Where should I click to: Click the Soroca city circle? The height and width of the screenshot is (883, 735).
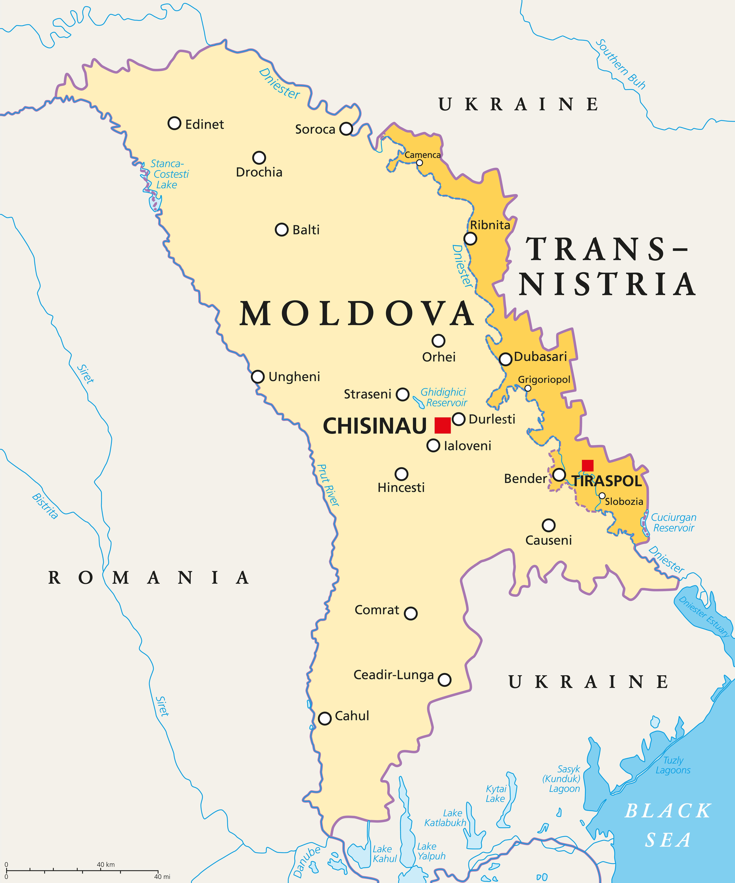(346, 129)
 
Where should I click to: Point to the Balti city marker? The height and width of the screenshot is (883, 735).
(282, 230)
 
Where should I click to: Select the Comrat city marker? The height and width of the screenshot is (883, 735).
(411, 613)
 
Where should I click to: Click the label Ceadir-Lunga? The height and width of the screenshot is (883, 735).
(393, 675)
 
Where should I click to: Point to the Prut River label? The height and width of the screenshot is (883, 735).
(328, 485)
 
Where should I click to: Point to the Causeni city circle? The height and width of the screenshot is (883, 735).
(548, 525)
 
